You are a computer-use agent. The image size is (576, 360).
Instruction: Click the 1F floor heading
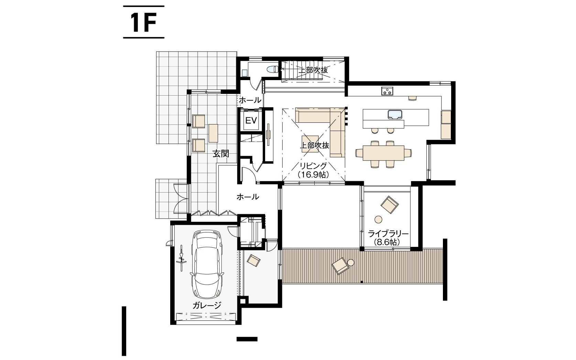143,22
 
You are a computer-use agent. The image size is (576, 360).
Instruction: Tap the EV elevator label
251,121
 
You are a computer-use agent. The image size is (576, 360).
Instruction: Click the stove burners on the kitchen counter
387,91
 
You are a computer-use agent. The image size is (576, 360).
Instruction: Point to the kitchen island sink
395,114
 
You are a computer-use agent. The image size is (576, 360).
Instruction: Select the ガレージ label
207,305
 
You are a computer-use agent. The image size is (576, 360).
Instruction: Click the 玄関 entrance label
221,154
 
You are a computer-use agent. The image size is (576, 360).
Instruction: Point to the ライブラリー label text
388,234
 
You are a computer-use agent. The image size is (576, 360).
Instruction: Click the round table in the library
378,219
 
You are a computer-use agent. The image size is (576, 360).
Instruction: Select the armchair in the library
390,205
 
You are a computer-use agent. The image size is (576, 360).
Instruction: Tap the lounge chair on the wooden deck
340,266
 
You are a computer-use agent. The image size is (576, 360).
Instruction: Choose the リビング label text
313,166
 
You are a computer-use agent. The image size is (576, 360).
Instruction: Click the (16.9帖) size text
313,175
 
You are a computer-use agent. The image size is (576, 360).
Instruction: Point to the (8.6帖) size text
387,242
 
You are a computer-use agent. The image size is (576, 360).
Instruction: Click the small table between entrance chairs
213,133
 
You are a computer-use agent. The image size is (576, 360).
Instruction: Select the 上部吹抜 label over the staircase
313,70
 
